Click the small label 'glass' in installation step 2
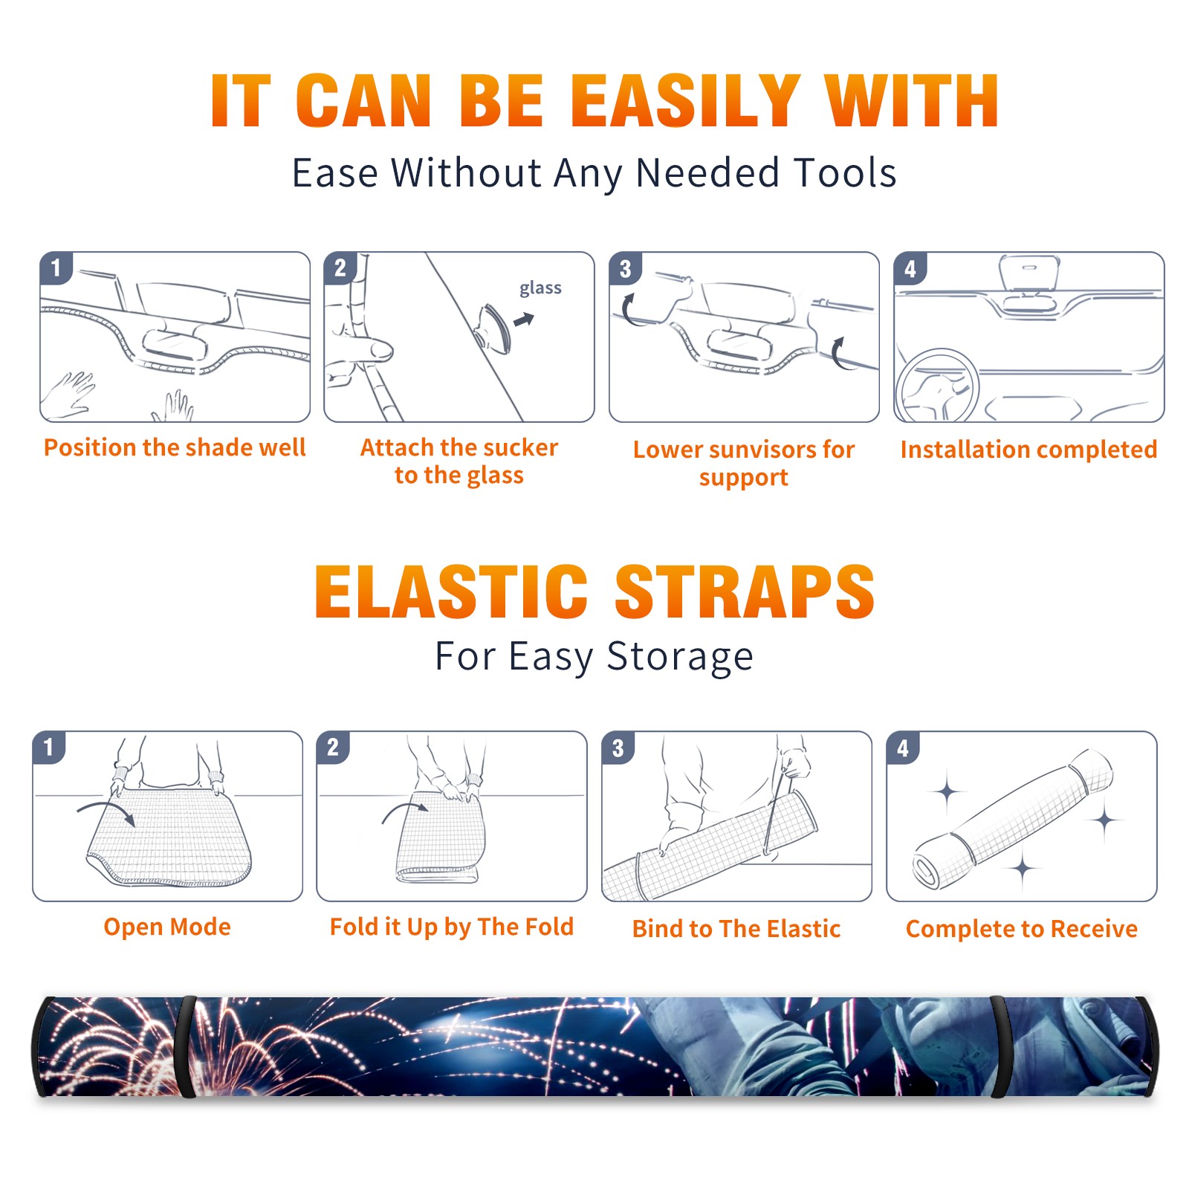click(x=540, y=288)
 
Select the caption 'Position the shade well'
click(x=175, y=447)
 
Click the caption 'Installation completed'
click(x=1028, y=449)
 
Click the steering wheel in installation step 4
click(x=937, y=386)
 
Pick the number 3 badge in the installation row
click(x=625, y=268)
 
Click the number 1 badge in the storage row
click(x=49, y=747)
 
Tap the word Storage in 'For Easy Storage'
click(x=680, y=657)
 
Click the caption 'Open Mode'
click(x=167, y=927)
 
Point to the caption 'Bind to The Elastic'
click(x=736, y=928)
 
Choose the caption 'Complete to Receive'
click(x=1022, y=928)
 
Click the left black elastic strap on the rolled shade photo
click(x=185, y=1047)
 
